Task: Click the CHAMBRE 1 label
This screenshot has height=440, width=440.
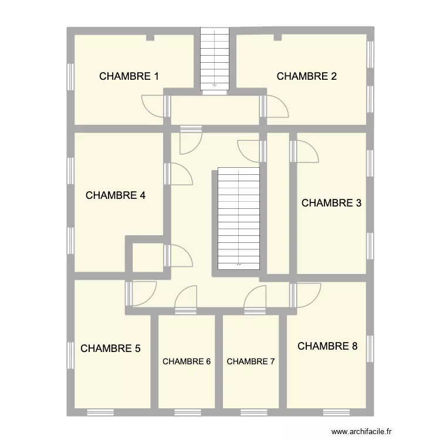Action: [x=129, y=76]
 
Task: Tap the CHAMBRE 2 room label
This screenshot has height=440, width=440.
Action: [x=306, y=76]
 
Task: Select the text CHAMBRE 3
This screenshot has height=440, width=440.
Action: [x=331, y=204]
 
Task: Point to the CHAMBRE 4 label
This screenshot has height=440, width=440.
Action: [x=116, y=196]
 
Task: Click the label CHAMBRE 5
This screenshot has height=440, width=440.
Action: [x=110, y=348]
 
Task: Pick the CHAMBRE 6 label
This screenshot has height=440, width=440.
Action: [x=187, y=362]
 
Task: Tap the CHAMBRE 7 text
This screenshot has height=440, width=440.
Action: [x=251, y=362]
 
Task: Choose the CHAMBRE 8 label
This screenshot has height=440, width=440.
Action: [x=327, y=346]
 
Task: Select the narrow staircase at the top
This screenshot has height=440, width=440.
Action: [x=214, y=59]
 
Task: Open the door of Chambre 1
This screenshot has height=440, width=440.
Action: [x=154, y=106]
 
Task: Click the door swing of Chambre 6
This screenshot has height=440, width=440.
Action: [x=187, y=297]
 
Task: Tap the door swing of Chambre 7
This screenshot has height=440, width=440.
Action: [x=256, y=297]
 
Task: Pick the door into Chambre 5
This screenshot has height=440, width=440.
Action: [x=143, y=294]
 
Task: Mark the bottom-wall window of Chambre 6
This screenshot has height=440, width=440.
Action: [x=187, y=411]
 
